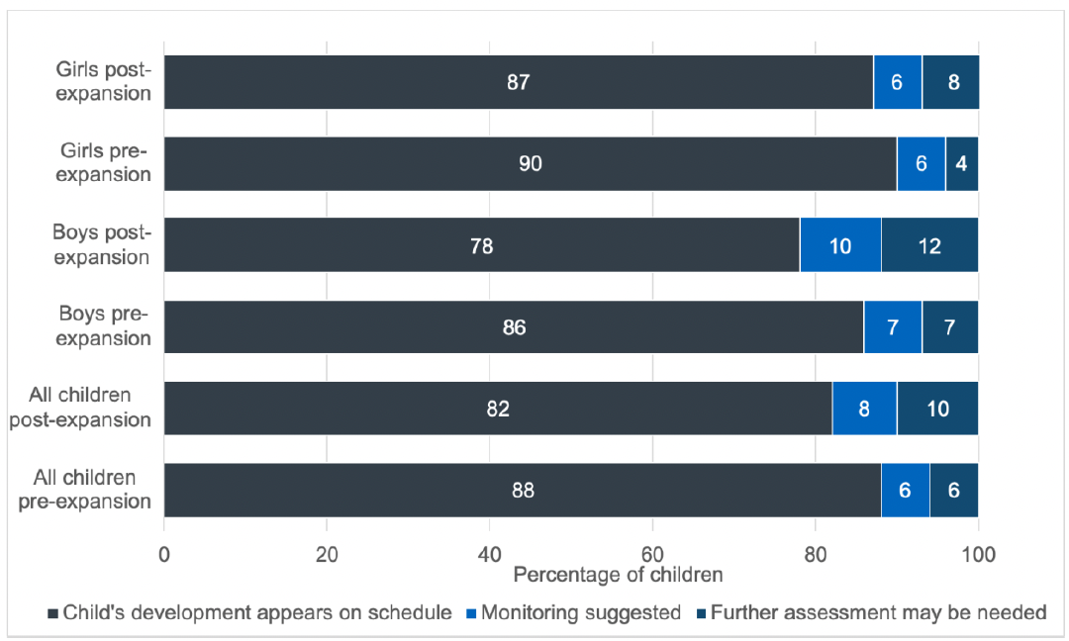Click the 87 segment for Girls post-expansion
(518, 82)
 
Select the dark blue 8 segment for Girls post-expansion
(951, 82)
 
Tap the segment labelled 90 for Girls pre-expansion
(530, 164)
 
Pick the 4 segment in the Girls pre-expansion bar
(962, 164)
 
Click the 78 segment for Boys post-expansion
(481, 245)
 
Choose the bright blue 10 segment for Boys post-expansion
(840, 245)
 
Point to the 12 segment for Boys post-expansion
(929, 245)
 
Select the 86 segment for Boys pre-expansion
(514, 327)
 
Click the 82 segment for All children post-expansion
(498, 409)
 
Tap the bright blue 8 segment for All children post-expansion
(864, 409)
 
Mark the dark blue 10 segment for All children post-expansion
(937, 409)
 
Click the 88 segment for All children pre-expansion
(522, 491)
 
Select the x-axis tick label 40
(489, 554)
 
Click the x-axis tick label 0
(164, 554)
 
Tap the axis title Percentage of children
(618, 575)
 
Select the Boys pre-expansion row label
(102, 326)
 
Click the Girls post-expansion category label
(103, 82)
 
